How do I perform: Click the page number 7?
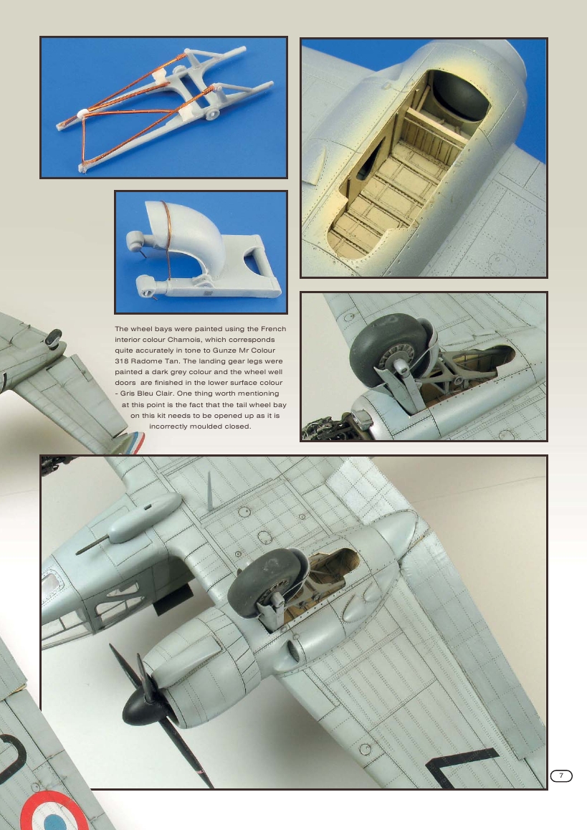click(561, 776)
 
